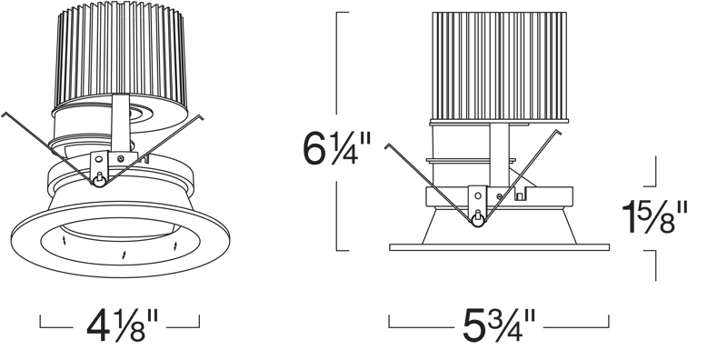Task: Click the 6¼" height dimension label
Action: (337, 148)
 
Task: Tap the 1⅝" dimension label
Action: (654, 217)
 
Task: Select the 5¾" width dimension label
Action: (499, 325)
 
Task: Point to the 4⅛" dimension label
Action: (123, 325)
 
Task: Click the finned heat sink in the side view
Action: (499, 65)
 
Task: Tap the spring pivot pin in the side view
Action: (478, 219)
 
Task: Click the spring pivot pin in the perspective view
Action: (99, 180)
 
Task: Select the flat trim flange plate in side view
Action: (499, 247)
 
